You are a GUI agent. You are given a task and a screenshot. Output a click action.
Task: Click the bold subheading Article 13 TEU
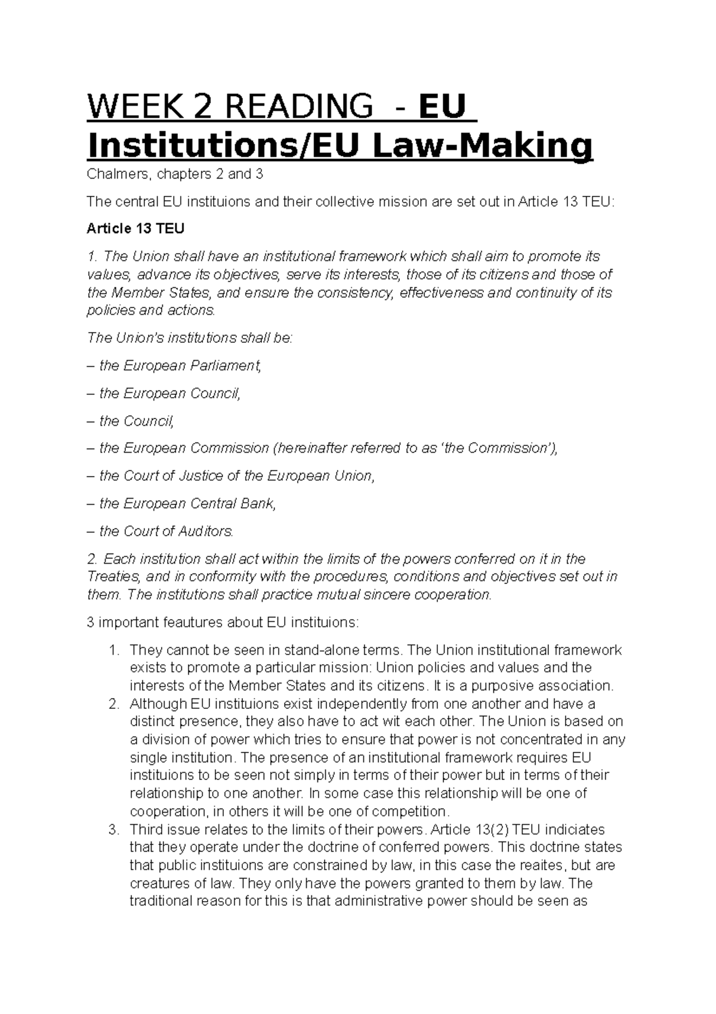[x=135, y=229]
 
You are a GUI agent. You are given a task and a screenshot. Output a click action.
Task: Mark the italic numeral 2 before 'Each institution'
[x=91, y=559]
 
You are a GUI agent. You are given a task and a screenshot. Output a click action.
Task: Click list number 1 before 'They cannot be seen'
[x=114, y=650]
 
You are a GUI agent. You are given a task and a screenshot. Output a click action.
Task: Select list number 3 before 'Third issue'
[x=114, y=829]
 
